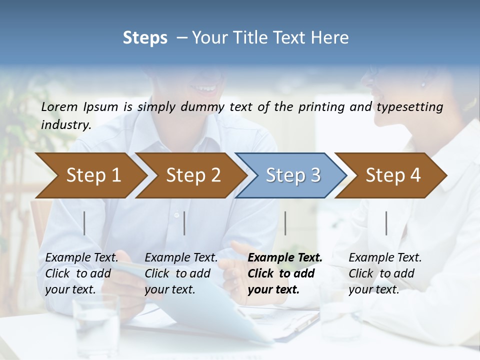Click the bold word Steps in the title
145,38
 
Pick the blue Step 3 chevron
293,175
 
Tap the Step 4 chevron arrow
393,175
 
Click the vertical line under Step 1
84,223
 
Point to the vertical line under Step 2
184,223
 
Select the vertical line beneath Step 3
285,223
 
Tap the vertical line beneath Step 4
386,223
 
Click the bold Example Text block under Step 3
285,273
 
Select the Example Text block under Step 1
81,273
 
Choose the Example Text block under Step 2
181,273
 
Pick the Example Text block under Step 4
385,273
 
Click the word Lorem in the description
59,106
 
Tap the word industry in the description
65,124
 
